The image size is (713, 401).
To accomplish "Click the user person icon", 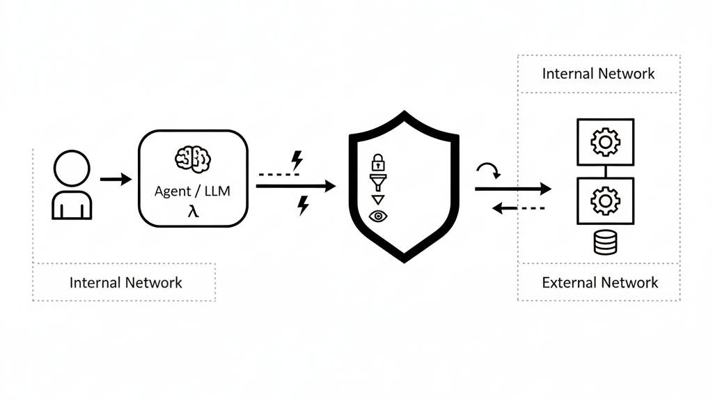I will [72, 185].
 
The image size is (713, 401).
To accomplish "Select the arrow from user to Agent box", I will [115, 180].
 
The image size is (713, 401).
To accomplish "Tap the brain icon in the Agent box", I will [191, 159].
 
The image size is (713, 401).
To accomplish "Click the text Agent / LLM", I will [193, 191].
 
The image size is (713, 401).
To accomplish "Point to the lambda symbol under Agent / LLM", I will [192, 210].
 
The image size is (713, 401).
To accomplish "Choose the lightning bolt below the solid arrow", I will [303, 205].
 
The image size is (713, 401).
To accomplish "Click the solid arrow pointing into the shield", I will [296, 186].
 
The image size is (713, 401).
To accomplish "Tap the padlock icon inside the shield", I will [377, 163].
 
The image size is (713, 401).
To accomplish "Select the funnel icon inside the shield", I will [377, 183].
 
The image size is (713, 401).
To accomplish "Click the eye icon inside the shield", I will [378, 217].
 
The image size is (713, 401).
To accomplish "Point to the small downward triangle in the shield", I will [377, 200].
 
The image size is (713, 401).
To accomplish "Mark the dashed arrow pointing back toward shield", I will [518, 207].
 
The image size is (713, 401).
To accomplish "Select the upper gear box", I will [605, 142].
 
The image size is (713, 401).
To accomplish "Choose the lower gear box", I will [605, 201].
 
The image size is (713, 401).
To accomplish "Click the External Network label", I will [600, 283].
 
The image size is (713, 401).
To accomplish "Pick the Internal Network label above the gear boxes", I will [598, 74].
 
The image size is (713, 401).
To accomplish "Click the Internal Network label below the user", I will [125, 283].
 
